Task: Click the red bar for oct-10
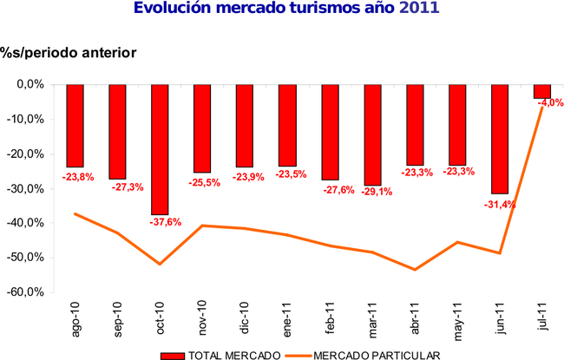(160, 149)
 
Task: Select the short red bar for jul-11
(542, 91)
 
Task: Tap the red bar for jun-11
(500, 139)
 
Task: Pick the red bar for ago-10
(75, 125)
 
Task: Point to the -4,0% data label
(550, 103)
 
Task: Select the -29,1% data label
(378, 192)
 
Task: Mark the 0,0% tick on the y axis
(30, 84)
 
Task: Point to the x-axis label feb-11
(331, 318)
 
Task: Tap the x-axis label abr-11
(416, 318)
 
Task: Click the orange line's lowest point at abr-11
(415, 270)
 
